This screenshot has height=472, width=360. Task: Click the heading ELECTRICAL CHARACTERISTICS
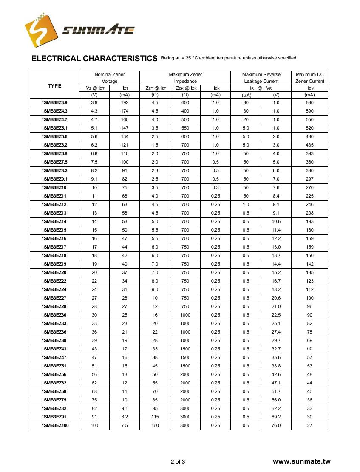click(x=94, y=59)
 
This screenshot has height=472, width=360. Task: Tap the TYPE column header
click(x=54, y=86)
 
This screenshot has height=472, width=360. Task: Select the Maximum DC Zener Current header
click(x=309, y=78)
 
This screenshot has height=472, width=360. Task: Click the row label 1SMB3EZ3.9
click(x=54, y=102)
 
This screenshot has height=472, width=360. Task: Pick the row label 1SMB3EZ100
click(x=55, y=425)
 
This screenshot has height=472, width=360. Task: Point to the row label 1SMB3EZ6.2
click(x=54, y=145)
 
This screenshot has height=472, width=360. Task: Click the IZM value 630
click(x=309, y=102)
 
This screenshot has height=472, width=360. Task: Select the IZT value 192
click(x=125, y=102)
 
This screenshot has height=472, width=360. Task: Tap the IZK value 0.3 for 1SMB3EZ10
click(x=215, y=187)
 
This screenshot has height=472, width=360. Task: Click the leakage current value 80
click(x=246, y=102)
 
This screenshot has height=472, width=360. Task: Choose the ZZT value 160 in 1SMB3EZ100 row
click(x=155, y=425)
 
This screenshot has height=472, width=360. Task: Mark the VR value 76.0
click(x=276, y=425)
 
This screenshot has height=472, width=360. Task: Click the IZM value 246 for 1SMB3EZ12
click(x=309, y=204)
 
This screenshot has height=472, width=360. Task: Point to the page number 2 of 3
click(x=178, y=461)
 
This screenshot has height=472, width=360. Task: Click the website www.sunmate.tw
click(x=301, y=461)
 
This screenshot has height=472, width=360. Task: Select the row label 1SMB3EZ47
click(x=54, y=357)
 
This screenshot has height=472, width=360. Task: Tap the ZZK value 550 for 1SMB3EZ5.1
click(x=185, y=128)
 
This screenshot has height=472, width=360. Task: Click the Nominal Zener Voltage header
click(x=110, y=78)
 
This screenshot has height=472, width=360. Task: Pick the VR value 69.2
click(x=276, y=417)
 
